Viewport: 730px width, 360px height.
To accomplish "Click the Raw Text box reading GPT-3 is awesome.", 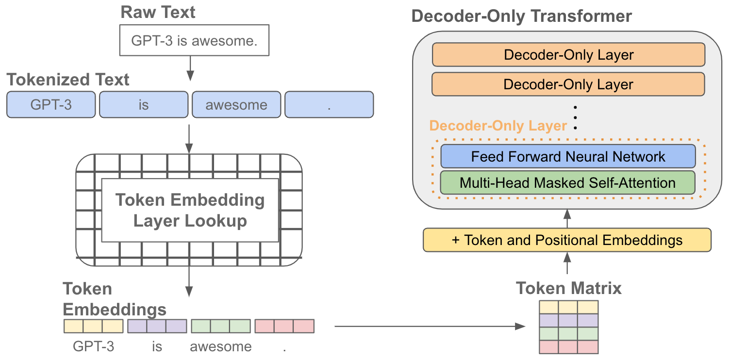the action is (x=194, y=40).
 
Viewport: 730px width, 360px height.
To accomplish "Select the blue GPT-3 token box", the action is (x=51, y=105).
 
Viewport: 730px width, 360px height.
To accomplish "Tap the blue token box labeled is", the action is (x=144, y=105).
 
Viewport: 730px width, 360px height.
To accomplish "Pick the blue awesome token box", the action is (x=236, y=105).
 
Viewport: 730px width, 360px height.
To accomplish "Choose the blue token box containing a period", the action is (x=329, y=105).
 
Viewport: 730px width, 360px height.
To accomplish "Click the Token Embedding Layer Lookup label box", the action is (x=190, y=211).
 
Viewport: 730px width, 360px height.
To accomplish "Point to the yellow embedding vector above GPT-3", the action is (x=94, y=326).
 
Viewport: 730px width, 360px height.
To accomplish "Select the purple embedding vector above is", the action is (x=157, y=326).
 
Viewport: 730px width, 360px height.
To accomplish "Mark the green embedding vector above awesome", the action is (x=221, y=326).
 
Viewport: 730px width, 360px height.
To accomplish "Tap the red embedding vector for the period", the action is (x=284, y=326).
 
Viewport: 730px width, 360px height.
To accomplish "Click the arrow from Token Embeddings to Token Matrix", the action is (x=430, y=326).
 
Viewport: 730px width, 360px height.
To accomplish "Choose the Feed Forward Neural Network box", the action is (x=568, y=156).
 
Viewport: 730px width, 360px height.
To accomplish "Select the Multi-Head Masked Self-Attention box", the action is (x=568, y=183).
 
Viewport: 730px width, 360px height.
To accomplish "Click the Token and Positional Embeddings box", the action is (x=567, y=240).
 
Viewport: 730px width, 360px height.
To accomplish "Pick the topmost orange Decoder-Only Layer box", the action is (x=569, y=55).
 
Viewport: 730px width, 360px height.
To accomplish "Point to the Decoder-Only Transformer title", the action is (x=522, y=16).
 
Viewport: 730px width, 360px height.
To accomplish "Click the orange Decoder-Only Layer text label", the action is (x=498, y=126).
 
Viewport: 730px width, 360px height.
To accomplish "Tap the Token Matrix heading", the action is (x=569, y=288).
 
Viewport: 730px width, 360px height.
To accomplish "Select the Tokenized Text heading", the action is (x=68, y=80).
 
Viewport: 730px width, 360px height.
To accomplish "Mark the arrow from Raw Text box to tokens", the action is (x=190, y=68).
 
